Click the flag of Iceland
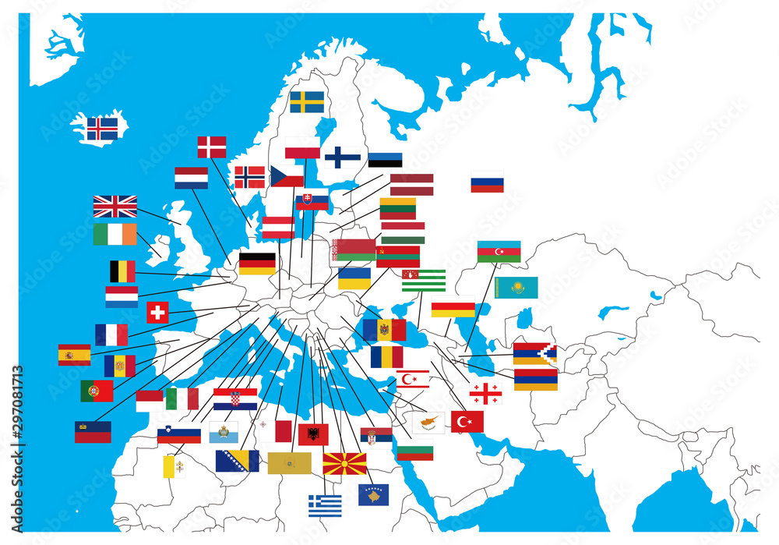pyautogui.click(x=102, y=129)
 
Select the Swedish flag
pyautogui.click(x=307, y=102)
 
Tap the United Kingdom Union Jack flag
pyautogui.click(x=115, y=207)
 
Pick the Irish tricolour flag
pyautogui.click(x=115, y=234)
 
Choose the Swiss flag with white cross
pyautogui.click(x=157, y=313)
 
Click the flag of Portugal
pyautogui.click(x=97, y=391)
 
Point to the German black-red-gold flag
pyautogui.click(x=257, y=264)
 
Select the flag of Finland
pyautogui.click(x=342, y=157)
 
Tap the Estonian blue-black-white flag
pyautogui.click(x=385, y=160)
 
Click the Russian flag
pyautogui.click(x=487, y=182)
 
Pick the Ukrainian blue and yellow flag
pyautogui.click(x=354, y=278)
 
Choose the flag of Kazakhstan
pyautogui.click(x=516, y=288)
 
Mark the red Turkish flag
pyautogui.click(x=467, y=422)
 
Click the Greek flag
pyautogui.click(x=325, y=506)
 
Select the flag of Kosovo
pyautogui.click(x=373, y=494)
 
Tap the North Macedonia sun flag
pyautogui.click(x=344, y=463)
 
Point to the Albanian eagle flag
pyautogui.click(x=313, y=434)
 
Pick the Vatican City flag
pyautogui.click(x=174, y=467)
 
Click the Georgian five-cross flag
pyautogui.click(x=485, y=394)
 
